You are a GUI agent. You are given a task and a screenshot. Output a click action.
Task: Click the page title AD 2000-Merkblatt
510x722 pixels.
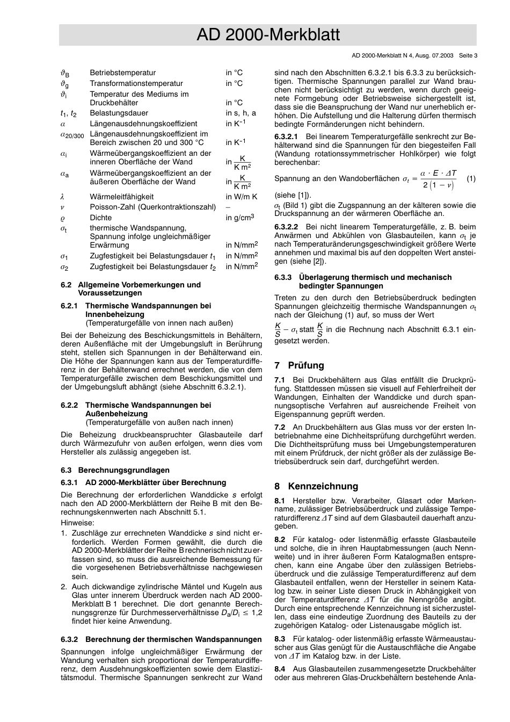[268, 35]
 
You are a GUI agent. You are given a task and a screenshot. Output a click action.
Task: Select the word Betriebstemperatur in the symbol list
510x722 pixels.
[122, 73]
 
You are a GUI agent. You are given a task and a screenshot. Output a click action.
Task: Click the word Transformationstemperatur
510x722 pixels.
[136, 83]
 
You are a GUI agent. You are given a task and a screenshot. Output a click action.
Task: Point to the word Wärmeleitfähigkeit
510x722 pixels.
[121, 197]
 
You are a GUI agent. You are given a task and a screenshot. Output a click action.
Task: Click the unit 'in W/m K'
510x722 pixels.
[241, 197]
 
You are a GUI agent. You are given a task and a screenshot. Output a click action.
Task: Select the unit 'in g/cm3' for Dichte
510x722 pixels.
[239, 218]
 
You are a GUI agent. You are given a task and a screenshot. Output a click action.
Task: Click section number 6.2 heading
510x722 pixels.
[67, 285]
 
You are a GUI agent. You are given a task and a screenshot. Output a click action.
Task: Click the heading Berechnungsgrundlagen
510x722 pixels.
[123, 470]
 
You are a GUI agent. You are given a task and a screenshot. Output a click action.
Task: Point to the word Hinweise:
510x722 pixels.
[77, 523]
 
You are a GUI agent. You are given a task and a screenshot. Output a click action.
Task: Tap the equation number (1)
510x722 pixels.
[471, 178]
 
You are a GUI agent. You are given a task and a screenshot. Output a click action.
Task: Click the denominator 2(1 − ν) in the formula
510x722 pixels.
[438, 185]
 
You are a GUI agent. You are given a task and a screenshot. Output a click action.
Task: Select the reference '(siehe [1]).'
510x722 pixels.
[293, 196]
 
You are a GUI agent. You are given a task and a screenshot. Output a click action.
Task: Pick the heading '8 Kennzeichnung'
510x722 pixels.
[316, 486]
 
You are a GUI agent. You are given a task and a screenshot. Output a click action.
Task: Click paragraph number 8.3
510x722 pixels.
[280, 639]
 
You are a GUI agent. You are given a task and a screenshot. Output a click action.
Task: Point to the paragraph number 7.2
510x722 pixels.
[280, 427]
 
